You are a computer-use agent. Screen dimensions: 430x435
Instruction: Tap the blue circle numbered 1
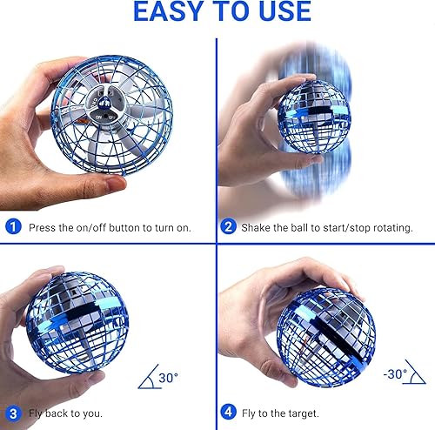point(13,226)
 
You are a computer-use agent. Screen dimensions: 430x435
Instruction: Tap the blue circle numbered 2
point(229,226)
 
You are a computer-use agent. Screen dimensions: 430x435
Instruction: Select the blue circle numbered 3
point(13,413)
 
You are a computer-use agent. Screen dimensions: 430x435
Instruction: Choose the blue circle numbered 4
point(229,413)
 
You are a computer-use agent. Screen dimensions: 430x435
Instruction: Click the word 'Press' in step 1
point(43,227)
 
